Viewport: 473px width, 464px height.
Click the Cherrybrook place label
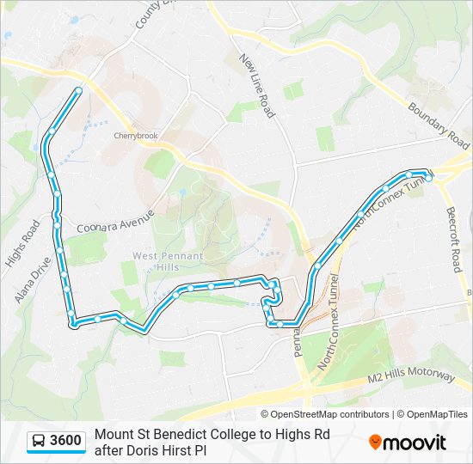137,136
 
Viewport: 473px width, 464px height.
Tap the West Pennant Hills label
168,262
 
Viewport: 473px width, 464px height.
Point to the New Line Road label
256,85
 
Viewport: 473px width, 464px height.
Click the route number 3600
66,442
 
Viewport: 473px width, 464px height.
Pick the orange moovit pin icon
376,442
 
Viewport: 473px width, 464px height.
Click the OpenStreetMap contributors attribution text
324,414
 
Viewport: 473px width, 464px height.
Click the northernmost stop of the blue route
78,90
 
